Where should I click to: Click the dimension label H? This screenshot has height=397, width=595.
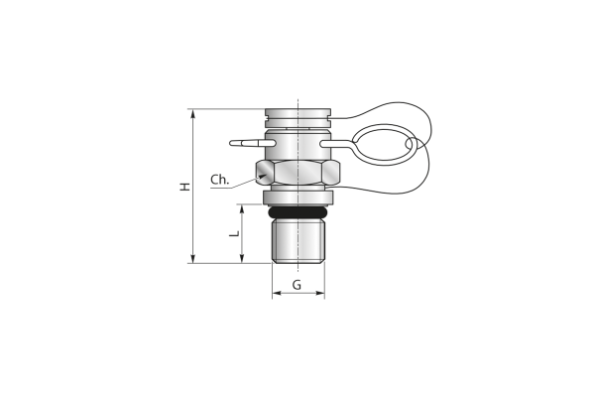184,187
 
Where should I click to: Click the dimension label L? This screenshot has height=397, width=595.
235,233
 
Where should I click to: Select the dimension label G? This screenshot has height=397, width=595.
297,285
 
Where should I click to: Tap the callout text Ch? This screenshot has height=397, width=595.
220,180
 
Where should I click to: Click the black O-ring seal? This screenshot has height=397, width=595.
298,212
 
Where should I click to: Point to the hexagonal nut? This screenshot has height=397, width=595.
298,172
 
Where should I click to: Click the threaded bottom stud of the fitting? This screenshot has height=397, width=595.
298,241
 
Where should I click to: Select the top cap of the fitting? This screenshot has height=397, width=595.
298,118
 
